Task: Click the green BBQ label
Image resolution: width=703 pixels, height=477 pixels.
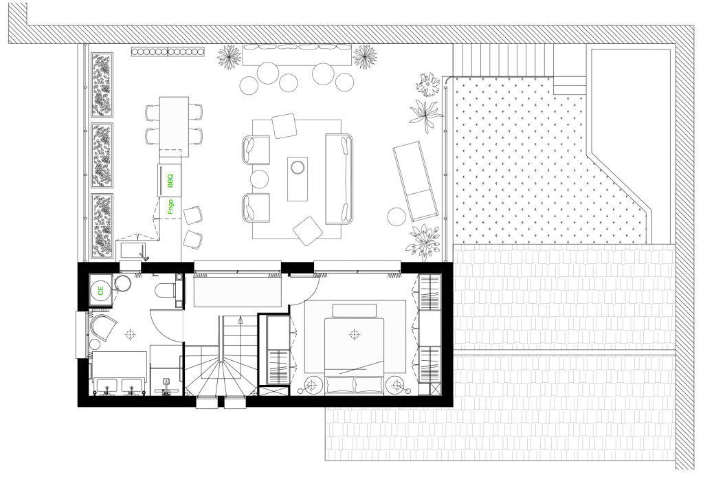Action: [170, 180]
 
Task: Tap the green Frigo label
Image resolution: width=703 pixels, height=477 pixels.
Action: [170, 207]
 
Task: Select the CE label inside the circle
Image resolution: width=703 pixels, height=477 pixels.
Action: [100, 291]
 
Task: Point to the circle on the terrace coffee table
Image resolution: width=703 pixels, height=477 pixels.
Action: [298, 168]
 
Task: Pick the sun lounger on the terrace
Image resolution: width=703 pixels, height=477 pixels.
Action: [416, 181]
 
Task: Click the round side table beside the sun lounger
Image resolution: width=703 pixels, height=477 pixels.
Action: [397, 217]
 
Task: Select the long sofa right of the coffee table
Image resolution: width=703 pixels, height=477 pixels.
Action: [339, 179]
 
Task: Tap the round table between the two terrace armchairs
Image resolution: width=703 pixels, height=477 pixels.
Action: [259, 179]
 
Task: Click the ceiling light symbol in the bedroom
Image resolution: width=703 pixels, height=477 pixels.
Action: [354, 334]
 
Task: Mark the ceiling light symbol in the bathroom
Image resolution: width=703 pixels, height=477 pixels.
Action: [130, 334]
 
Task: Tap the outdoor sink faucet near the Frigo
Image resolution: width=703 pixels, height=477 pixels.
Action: [144, 254]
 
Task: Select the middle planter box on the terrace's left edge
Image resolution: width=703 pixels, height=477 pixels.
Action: [102, 155]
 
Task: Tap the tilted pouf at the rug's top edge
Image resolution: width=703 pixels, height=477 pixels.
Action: [284, 126]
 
